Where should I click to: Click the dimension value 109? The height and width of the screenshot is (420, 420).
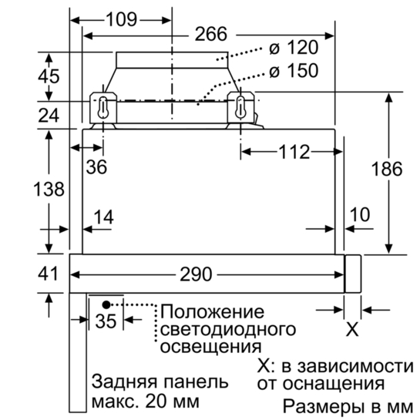(x=122, y=19)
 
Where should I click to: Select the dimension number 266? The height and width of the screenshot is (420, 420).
(x=211, y=34)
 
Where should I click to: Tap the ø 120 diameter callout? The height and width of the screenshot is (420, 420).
(x=294, y=48)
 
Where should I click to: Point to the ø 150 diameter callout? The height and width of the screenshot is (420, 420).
(x=294, y=71)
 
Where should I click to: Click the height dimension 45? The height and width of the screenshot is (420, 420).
(x=49, y=76)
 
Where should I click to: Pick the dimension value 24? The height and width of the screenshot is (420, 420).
(x=49, y=116)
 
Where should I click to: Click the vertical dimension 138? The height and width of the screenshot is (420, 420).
(x=49, y=189)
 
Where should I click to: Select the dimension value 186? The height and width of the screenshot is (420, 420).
(x=387, y=169)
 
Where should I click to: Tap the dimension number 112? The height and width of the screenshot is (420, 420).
(x=294, y=152)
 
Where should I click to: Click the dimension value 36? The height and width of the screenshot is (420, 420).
(x=96, y=167)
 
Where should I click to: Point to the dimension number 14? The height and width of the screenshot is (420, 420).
(x=104, y=217)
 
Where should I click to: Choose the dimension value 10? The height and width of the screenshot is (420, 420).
(x=360, y=214)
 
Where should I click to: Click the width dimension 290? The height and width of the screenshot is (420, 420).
(x=196, y=274)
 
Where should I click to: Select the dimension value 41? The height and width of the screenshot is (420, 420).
(x=48, y=274)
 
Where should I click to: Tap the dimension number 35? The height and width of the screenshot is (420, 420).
(x=106, y=321)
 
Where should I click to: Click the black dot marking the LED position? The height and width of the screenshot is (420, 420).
(x=106, y=304)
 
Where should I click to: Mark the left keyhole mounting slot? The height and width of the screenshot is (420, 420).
(x=102, y=107)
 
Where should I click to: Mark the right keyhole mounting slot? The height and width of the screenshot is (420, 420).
(x=240, y=107)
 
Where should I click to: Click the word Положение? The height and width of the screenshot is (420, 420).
(x=212, y=312)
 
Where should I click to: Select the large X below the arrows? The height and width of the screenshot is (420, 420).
(x=352, y=330)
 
